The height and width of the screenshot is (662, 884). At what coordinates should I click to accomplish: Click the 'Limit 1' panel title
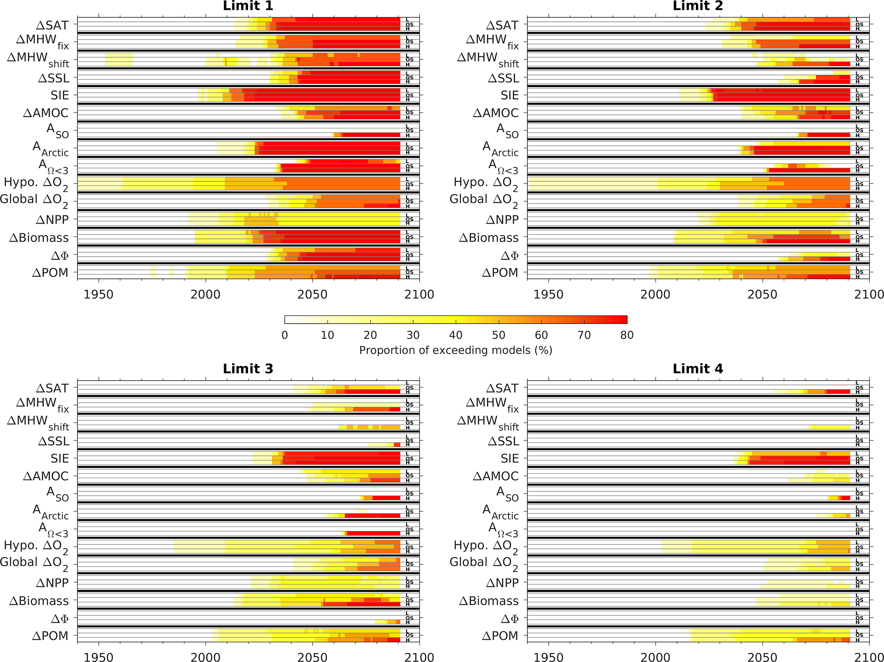tap(248, 6)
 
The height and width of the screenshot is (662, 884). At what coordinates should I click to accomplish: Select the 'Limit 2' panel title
tap(698, 6)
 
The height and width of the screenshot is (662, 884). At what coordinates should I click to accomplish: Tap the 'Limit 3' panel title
tap(248, 369)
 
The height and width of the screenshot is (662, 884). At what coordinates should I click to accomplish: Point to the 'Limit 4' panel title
tap(698, 369)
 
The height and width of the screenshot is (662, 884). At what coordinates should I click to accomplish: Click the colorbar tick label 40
tap(456, 335)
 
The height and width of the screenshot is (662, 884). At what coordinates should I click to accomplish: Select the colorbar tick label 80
tap(627, 335)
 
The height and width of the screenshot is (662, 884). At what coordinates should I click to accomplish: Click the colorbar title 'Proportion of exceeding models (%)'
tap(455, 350)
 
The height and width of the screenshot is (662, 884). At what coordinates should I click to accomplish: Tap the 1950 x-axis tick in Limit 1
tap(99, 295)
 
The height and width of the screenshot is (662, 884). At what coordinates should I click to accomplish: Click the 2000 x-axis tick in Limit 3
tap(206, 657)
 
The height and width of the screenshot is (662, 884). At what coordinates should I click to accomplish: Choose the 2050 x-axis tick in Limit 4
tap(762, 657)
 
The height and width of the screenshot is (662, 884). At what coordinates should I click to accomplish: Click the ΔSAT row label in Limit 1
tap(52, 25)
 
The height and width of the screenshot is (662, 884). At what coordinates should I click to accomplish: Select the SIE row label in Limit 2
tap(509, 95)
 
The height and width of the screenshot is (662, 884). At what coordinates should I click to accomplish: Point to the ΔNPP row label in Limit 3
tap(52, 582)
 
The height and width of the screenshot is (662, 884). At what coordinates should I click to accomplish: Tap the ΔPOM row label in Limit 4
tap(500, 635)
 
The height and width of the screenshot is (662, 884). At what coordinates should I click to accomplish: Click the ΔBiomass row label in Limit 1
tap(39, 238)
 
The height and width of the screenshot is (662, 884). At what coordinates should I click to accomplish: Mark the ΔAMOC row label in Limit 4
tap(495, 476)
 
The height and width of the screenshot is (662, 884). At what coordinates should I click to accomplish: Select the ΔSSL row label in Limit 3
tap(53, 441)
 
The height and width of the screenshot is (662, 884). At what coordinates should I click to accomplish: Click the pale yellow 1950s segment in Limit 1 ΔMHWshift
tap(119, 59)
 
